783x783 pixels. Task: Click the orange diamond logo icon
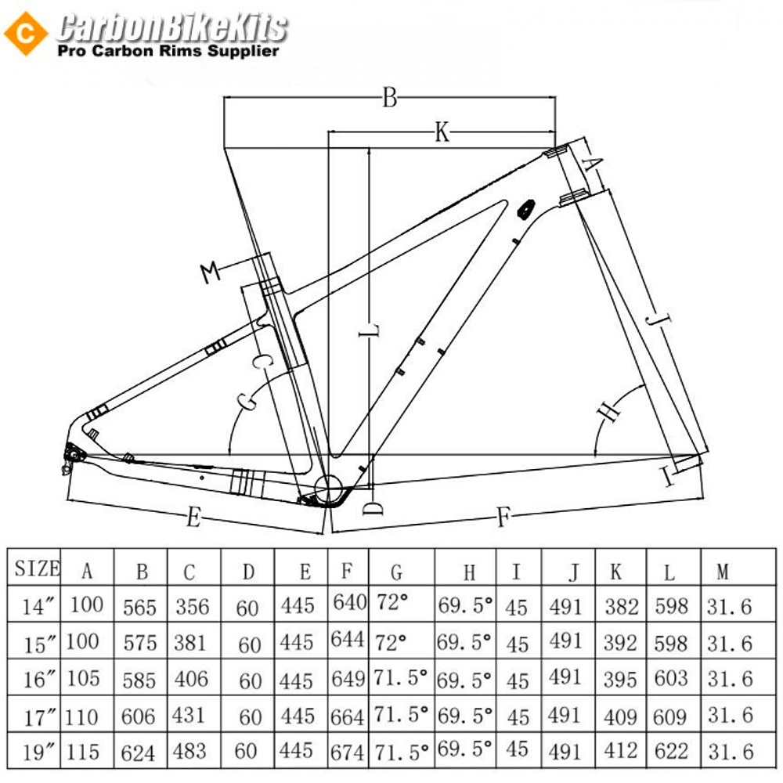pyautogui.click(x=26, y=34)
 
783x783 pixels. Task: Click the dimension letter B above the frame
pyautogui.click(x=389, y=97)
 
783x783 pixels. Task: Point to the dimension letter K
pyautogui.click(x=442, y=132)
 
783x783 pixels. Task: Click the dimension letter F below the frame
pyautogui.click(x=503, y=516)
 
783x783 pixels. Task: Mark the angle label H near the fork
pyautogui.click(x=608, y=410)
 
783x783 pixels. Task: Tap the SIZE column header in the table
pyautogui.click(x=37, y=568)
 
